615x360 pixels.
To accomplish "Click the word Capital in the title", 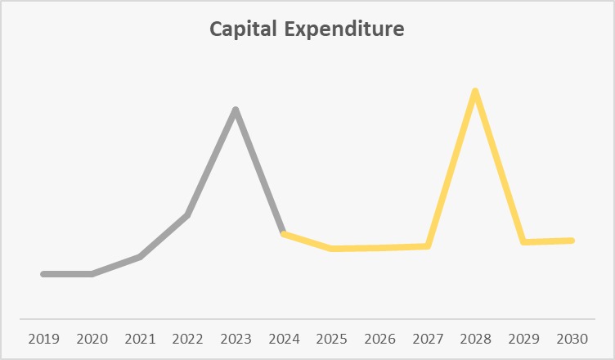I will click(x=242, y=30).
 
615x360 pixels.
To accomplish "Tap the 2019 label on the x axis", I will click(x=43, y=338).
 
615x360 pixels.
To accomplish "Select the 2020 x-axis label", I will click(x=92, y=338).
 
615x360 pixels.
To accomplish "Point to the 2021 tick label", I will click(x=140, y=338).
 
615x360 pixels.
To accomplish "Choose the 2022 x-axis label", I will click(x=187, y=338).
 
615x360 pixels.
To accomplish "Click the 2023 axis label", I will click(x=236, y=338).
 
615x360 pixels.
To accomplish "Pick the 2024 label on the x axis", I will click(x=284, y=338).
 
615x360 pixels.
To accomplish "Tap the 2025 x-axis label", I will click(x=331, y=338).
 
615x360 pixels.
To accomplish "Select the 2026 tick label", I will click(x=379, y=338).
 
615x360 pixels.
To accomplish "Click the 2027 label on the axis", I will click(x=428, y=338).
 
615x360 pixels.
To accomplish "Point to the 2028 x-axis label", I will click(x=475, y=338).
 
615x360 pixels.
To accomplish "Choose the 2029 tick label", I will click(x=523, y=338).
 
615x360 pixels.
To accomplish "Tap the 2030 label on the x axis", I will click(x=572, y=338).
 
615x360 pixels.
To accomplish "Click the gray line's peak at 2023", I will click(x=236, y=110).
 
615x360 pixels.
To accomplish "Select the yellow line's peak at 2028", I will click(x=475, y=91).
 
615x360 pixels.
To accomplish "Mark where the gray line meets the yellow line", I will click(x=284, y=234).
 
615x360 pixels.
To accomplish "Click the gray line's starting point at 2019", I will click(x=43, y=274).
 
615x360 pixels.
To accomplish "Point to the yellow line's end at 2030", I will click(x=572, y=241).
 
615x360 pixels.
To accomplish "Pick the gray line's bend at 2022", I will click(x=187, y=216).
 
